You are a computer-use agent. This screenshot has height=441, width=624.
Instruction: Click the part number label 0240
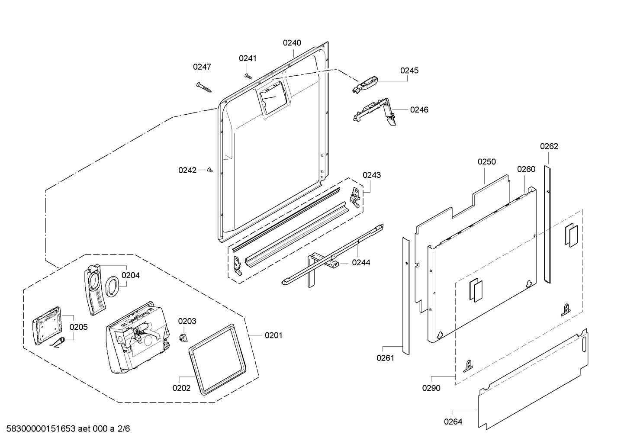click(x=292, y=43)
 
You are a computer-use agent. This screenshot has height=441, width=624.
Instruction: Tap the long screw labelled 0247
click(x=204, y=87)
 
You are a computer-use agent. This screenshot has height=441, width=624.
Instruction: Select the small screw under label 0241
click(x=248, y=76)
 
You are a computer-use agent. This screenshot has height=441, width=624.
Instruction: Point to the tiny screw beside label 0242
click(x=210, y=170)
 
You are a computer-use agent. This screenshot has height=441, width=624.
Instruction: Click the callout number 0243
click(x=372, y=175)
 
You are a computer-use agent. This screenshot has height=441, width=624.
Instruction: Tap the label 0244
click(x=361, y=262)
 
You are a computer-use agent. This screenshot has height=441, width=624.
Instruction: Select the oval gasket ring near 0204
click(x=112, y=286)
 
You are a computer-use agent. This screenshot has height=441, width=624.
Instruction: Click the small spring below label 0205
click(x=58, y=343)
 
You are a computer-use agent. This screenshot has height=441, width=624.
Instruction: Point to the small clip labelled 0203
click(x=183, y=338)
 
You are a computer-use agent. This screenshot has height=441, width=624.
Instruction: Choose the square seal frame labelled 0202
click(x=217, y=359)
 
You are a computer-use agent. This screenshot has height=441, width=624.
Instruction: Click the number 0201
click(x=273, y=335)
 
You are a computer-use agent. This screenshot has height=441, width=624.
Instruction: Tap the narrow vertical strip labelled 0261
click(x=406, y=296)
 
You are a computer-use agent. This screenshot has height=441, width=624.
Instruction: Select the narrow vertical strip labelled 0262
click(x=547, y=225)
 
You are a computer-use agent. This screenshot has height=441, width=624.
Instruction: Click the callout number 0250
click(x=487, y=162)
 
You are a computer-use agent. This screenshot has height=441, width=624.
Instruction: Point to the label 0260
click(x=526, y=169)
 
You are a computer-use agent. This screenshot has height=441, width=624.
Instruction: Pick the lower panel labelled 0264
click(x=533, y=379)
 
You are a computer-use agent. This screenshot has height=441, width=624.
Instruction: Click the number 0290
click(x=431, y=388)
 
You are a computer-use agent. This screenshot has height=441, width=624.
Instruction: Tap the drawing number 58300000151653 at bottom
click(x=41, y=429)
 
